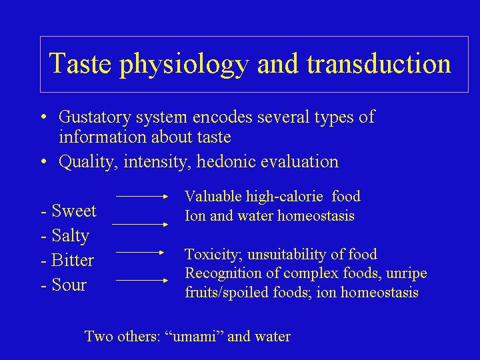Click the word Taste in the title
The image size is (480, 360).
pos(80,63)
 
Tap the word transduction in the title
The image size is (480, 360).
pos(379,63)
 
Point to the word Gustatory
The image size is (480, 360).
pos(95,117)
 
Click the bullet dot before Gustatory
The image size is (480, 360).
pos(45,117)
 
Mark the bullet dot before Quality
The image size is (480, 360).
pos(45,161)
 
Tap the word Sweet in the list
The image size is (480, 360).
pos(74,211)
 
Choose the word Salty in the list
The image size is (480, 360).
pos(71,236)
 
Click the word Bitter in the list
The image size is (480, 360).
pos(73,260)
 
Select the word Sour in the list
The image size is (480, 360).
pos(69,285)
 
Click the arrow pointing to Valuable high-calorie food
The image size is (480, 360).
pos(142,197)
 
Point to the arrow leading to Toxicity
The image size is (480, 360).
pos(140,253)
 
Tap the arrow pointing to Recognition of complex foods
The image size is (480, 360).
pos(142,281)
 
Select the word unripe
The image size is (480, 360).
pos(407,274)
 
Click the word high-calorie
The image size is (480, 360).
pos(285,197)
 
